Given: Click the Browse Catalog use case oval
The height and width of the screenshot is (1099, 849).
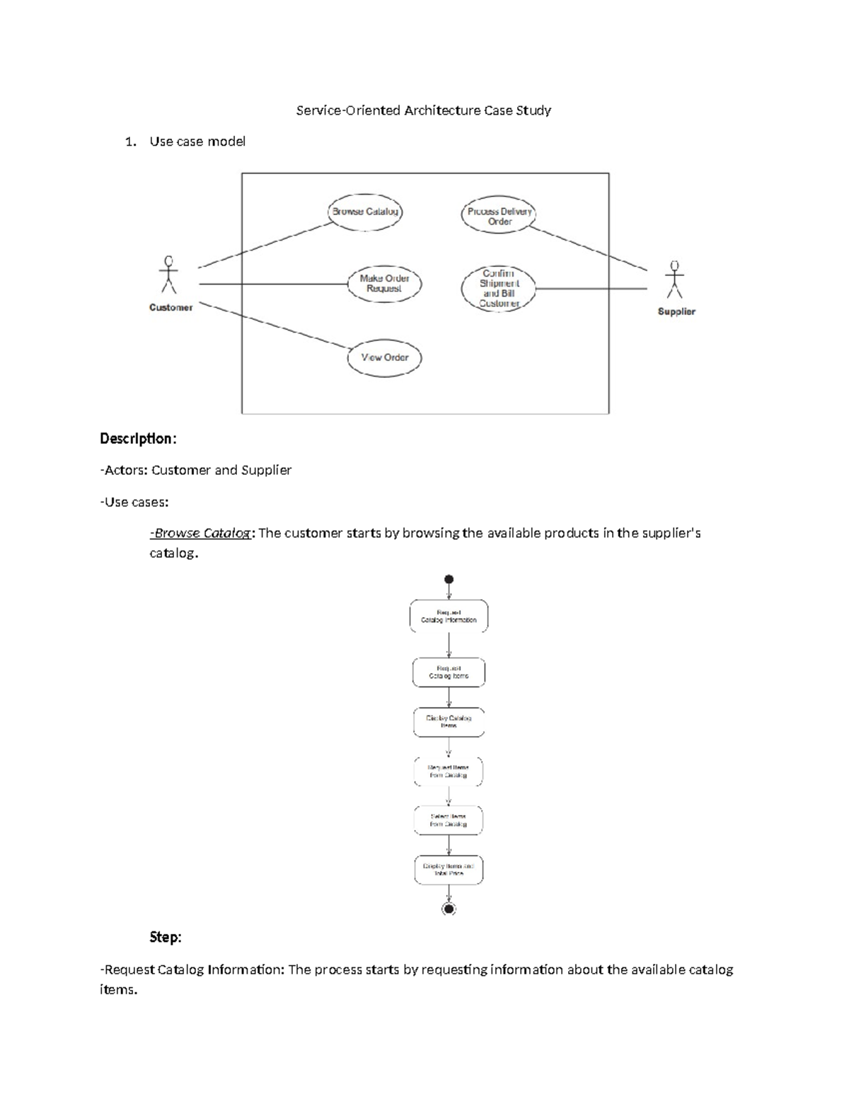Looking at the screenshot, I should click(x=365, y=212).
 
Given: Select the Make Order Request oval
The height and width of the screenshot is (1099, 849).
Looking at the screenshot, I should click(x=384, y=284).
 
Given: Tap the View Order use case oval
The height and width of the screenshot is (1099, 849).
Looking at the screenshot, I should click(x=384, y=358).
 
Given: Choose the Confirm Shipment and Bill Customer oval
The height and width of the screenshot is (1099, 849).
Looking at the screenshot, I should click(x=498, y=288).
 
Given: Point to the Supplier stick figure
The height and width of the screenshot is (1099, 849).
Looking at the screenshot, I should click(x=674, y=280).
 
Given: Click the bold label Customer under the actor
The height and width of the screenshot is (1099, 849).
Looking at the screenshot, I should click(x=171, y=308).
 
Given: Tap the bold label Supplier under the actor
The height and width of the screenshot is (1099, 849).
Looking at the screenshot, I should click(x=676, y=311).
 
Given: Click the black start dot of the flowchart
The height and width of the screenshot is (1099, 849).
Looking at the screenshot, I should click(x=449, y=579).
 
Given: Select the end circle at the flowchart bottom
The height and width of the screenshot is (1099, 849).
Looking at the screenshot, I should click(x=449, y=909).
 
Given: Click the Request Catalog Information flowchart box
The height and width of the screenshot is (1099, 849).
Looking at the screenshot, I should click(x=449, y=616).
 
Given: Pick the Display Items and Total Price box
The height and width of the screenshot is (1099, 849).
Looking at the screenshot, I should click(x=449, y=870).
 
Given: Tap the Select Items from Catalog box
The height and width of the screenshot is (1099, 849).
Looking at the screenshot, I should click(x=449, y=820).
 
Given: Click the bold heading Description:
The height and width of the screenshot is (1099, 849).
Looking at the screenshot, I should click(x=137, y=439).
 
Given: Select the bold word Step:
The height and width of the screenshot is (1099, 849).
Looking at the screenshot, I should click(x=165, y=937).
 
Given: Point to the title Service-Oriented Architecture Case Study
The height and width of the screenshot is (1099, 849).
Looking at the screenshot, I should click(x=423, y=110).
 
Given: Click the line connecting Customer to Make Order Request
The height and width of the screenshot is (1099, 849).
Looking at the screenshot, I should click(x=272, y=284).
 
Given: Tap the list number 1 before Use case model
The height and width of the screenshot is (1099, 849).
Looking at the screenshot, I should click(x=129, y=142).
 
